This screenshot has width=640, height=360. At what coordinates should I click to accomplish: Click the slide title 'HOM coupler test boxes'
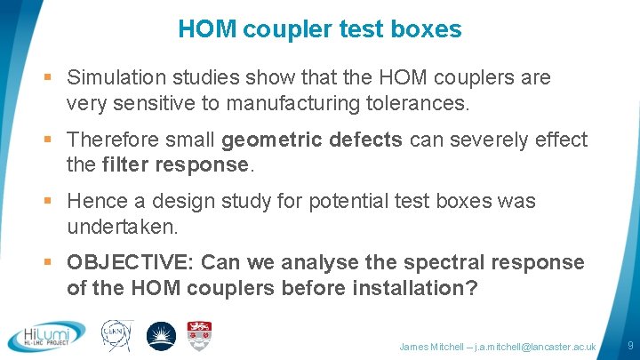point(319,29)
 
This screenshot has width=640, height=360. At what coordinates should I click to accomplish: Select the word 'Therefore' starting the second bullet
point(112,140)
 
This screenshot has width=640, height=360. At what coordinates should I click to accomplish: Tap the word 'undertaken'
point(120,227)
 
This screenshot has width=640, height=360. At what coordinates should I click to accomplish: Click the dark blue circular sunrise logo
point(161,336)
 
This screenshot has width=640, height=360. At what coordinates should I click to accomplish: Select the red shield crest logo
point(199,335)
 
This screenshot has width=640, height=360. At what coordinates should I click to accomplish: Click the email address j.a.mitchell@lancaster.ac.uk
point(536,346)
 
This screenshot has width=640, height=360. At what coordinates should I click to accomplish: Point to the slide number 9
point(629,345)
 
